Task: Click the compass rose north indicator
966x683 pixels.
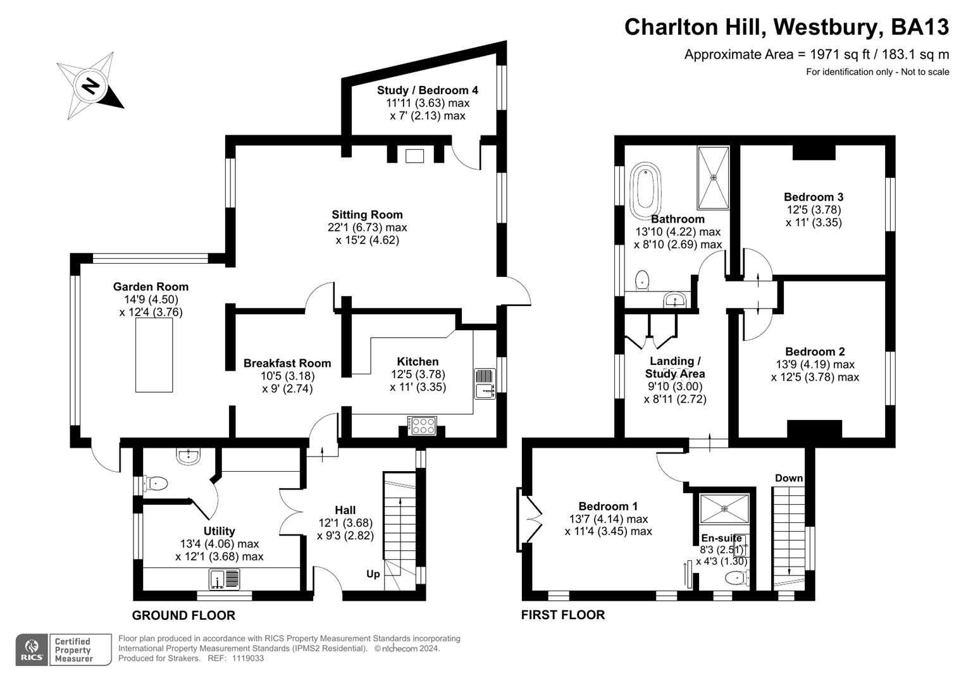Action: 90,86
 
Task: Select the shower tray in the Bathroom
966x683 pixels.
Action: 714,178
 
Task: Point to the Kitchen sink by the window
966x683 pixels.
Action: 485,384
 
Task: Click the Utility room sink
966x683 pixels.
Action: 225,579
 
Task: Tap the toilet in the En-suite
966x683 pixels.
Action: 736,577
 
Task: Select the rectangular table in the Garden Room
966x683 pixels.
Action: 154,355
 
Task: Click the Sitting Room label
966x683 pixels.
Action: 367,214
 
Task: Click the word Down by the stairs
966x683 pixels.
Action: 788,477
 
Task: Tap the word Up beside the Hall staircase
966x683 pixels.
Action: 373,574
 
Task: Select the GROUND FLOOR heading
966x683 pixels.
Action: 183,615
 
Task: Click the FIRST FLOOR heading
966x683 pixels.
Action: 562,615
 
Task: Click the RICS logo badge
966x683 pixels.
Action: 31,649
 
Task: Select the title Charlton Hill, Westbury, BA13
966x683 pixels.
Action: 786,27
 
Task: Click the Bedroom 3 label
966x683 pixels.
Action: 813,197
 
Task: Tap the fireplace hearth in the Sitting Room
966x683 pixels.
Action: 414,155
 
